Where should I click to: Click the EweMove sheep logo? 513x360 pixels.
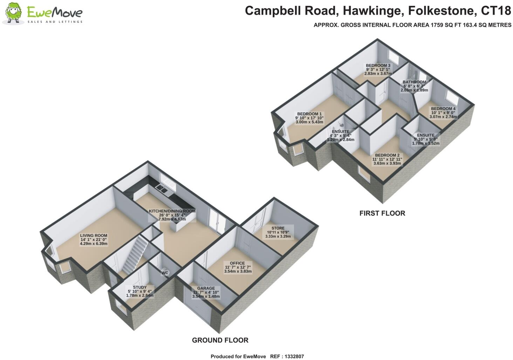pyautogui.click(x=13, y=13)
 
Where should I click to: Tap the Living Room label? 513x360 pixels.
pyautogui.click(x=94, y=239)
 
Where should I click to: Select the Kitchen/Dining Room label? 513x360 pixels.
pyautogui.click(x=172, y=215)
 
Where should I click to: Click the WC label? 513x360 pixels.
pyautogui.click(x=165, y=273)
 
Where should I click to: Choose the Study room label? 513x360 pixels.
pyautogui.click(x=140, y=291)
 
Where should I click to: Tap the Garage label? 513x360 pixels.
pyautogui.click(x=206, y=292)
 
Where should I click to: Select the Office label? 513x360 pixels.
pyautogui.click(x=238, y=267)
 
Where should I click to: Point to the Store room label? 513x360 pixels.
pyautogui.click(x=278, y=232)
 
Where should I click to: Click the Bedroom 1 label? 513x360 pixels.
pyautogui.click(x=309, y=118)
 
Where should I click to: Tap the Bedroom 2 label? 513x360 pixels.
pyautogui.click(x=387, y=159)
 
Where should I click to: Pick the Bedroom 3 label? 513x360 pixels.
pyautogui.click(x=378, y=69)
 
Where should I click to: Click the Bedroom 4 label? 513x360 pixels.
pyautogui.click(x=443, y=113)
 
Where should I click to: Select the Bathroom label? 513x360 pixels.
pyautogui.click(x=414, y=86)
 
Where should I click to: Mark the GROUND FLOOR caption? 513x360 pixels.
pyautogui.click(x=220, y=340)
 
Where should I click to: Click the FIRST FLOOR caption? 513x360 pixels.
pyautogui.click(x=382, y=213)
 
